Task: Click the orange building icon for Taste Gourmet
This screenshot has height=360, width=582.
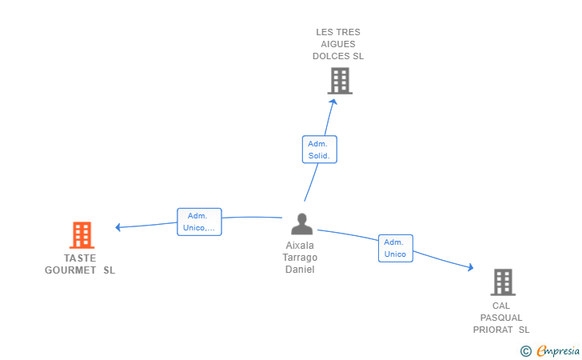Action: coord(82,235)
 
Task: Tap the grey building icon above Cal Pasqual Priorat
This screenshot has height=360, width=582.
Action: coord(503,282)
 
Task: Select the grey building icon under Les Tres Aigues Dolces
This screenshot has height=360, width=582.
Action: coord(340,81)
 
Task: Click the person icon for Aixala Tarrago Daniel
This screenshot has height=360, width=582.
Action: coord(301,224)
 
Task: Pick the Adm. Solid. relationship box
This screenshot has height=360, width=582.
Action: coord(320,150)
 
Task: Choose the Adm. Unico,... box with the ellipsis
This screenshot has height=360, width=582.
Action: coord(199,222)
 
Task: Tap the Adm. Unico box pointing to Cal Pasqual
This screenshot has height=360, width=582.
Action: coord(396,248)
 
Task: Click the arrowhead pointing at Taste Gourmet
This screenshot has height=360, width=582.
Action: coord(118,227)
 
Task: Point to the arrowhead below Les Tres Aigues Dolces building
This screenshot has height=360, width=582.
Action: coord(333,102)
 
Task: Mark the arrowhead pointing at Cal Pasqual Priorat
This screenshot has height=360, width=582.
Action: coord(471,266)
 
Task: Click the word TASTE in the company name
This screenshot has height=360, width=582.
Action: coord(80,258)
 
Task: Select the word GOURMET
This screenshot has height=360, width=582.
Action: coord(70,270)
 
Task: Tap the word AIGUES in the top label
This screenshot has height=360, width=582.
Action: coord(338,44)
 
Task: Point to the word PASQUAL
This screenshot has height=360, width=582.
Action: coord(501,318)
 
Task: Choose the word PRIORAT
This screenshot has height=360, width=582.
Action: coord(493,330)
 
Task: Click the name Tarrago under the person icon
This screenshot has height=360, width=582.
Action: coord(300,258)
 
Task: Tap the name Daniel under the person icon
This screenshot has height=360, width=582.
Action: coord(300,270)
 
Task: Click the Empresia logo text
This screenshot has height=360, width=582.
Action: coord(558,350)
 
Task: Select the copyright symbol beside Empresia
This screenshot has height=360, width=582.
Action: coord(526,351)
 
